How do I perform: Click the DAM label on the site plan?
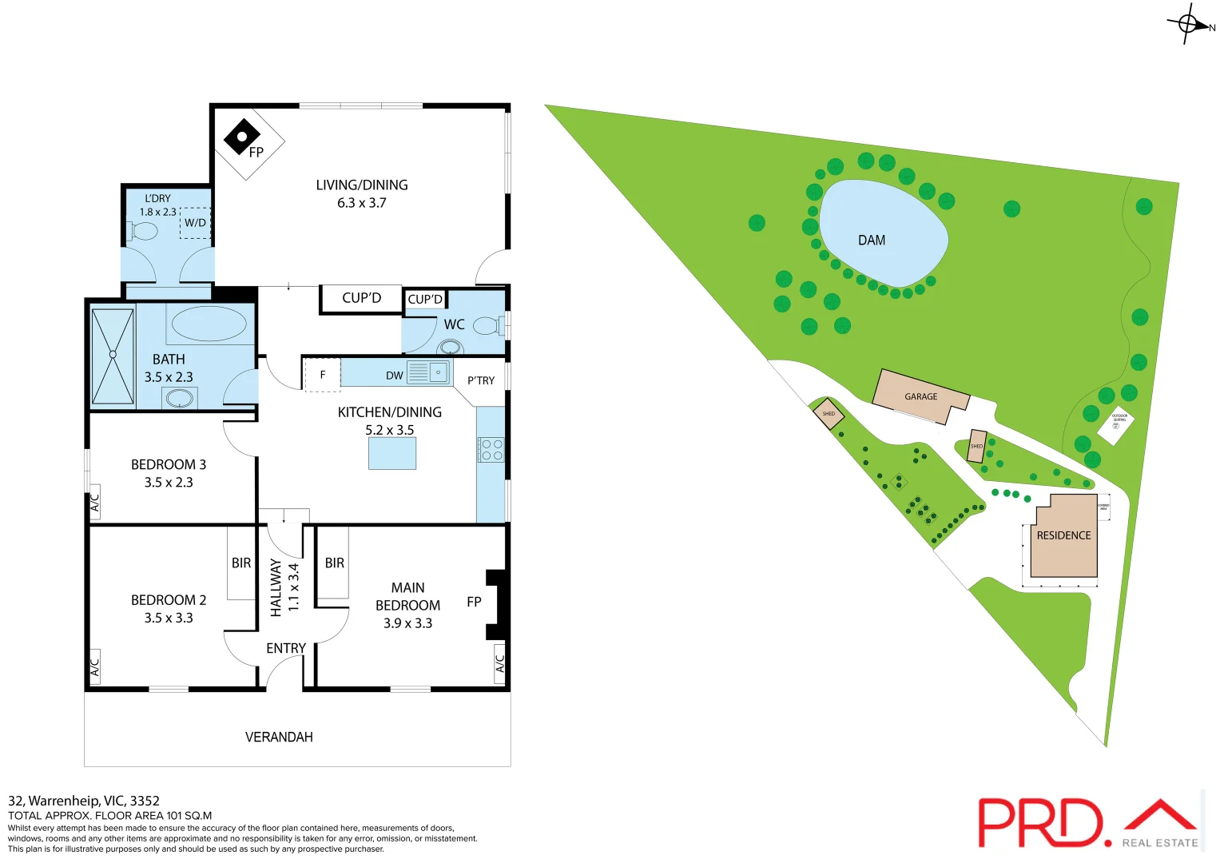click(x=872, y=241)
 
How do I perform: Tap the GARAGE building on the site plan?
click(x=920, y=396)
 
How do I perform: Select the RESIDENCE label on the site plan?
click(x=1063, y=535)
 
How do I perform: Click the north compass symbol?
click(x=1188, y=24)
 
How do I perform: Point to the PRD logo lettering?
click(x=1040, y=822)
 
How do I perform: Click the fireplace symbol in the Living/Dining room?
click(x=241, y=137)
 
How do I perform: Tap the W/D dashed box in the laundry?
click(x=196, y=223)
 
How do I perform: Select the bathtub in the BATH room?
click(x=209, y=324)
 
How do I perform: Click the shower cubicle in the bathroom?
click(x=113, y=356)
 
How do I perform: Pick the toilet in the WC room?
click(x=487, y=326)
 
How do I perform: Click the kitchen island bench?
click(x=392, y=454)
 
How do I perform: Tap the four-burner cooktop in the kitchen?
click(x=491, y=450)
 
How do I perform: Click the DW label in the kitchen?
click(x=395, y=376)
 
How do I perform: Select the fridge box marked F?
click(x=323, y=374)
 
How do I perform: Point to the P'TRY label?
click(x=481, y=380)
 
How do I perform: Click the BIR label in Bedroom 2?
click(x=241, y=563)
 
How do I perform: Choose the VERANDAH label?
click(x=279, y=737)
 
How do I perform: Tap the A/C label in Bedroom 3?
click(x=94, y=503)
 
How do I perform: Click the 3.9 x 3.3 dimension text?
click(x=407, y=623)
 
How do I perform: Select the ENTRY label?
click(x=286, y=648)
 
